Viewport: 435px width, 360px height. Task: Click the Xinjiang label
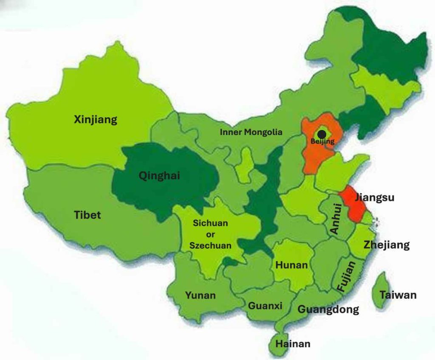click(x=96, y=120)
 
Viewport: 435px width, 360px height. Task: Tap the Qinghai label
click(x=159, y=175)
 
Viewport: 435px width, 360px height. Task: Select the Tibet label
click(x=88, y=215)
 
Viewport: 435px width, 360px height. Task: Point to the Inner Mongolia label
click(x=251, y=132)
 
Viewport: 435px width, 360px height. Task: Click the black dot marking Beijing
click(x=322, y=133)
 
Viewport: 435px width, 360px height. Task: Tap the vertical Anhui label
click(x=336, y=219)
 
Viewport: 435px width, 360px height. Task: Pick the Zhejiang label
click(x=387, y=245)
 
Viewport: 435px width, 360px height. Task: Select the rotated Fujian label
click(x=346, y=276)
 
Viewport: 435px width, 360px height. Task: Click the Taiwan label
click(x=398, y=295)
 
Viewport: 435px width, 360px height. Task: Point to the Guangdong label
click(x=328, y=309)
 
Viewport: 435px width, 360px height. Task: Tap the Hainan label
click(x=293, y=344)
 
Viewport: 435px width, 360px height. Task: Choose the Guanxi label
click(x=265, y=306)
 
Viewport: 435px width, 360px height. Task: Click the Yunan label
click(x=200, y=295)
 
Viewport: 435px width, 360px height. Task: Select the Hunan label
click(x=291, y=265)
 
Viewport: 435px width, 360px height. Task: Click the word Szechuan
click(x=210, y=245)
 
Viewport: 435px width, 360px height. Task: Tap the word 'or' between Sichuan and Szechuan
click(x=211, y=234)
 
